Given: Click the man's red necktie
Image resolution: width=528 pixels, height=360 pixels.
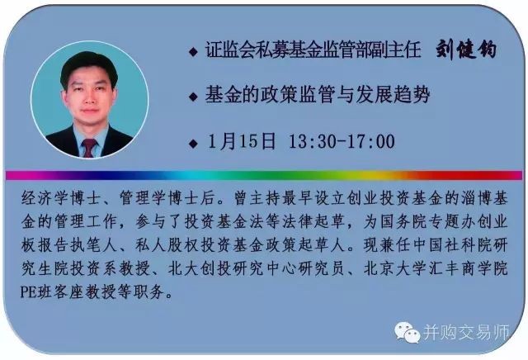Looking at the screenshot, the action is pyautogui.click(x=89, y=147).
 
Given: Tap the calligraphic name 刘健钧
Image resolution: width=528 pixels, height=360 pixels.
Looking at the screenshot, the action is pyautogui.click(x=466, y=50).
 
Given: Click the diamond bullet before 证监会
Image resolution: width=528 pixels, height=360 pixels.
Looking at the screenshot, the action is pyautogui.click(x=193, y=52).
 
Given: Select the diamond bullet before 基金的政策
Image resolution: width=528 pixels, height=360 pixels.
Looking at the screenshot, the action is pyautogui.click(x=193, y=97).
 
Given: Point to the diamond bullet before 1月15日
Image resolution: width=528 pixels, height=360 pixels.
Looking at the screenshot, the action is pyautogui.click(x=193, y=144).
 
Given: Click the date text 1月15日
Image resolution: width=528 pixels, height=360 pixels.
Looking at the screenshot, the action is pyautogui.click(x=242, y=141).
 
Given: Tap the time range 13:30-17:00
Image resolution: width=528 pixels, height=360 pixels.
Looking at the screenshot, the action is pyautogui.click(x=342, y=141).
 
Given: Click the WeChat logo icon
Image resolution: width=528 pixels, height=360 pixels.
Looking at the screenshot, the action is pyautogui.click(x=408, y=332).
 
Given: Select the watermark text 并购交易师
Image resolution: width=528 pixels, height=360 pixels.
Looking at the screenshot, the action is pyautogui.click(x=466, y=333).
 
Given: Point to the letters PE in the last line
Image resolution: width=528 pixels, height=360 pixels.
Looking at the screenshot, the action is pyautogui.click(x=28, y=292).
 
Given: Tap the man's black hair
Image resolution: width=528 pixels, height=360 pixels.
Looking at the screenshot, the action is pyautogui.click(x=89, y=66).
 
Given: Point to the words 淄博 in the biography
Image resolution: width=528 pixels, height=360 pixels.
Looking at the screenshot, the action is pyautogui.click(x=476, y=198).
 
